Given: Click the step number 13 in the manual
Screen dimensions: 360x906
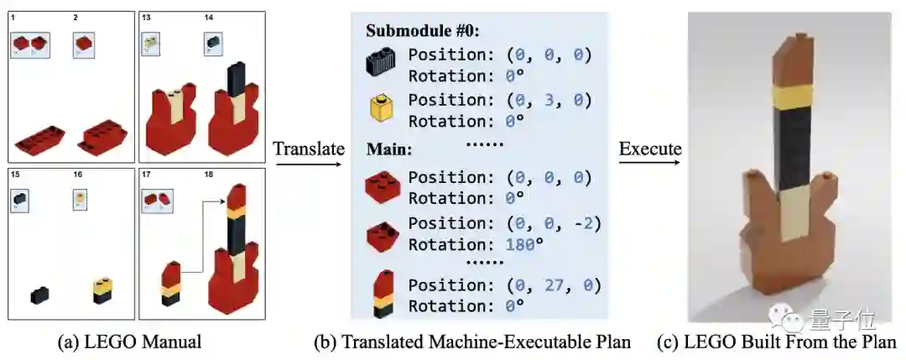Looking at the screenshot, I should click(146, 17).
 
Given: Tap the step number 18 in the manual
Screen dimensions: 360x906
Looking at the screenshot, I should click(209, 175).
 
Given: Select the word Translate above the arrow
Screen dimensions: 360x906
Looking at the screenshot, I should click(309, 149).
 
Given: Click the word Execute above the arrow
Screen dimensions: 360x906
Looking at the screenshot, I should click(650, 149).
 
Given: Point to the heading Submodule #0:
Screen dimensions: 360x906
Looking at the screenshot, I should click(424, 31).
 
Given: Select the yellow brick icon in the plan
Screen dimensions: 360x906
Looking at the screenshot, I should click(383, 107).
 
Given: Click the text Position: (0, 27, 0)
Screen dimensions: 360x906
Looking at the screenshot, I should click(501, 285).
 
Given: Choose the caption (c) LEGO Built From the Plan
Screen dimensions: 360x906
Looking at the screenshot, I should click(789, 342).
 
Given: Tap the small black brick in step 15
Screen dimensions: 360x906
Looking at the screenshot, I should click(39, 295).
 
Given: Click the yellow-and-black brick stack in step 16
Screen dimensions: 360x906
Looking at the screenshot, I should click(102, 291).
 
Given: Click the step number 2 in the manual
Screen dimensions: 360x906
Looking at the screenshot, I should click(75, 17).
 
